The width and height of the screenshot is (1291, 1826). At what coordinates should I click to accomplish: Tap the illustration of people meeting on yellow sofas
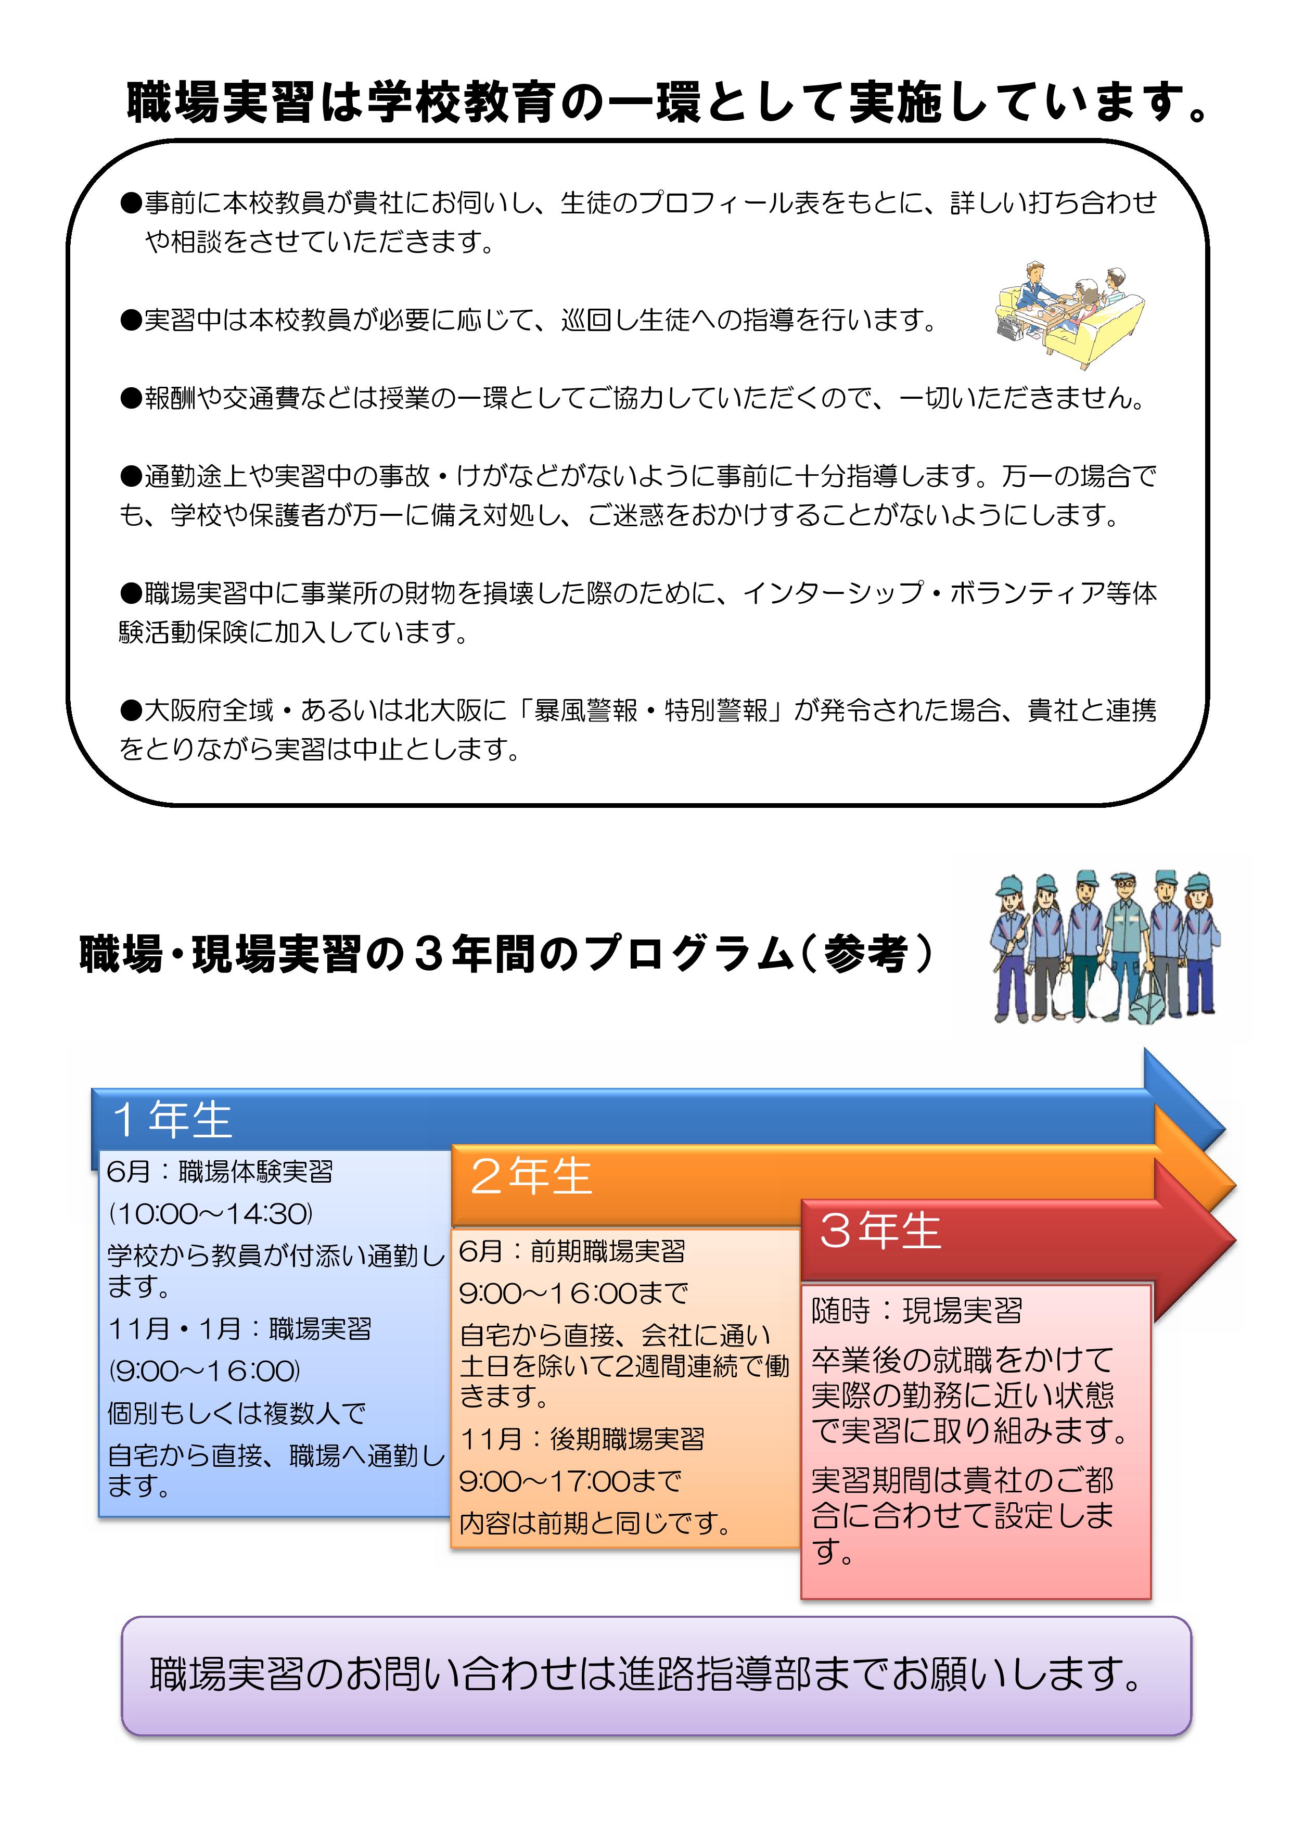(x=1070, y=315)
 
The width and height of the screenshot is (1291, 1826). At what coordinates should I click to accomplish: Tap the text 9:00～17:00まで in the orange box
(x=571, y=1481)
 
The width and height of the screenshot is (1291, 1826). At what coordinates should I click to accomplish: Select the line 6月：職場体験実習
(x=220, y=1172)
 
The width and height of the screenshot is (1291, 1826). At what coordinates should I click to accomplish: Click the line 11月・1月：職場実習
(x=240, y=1328)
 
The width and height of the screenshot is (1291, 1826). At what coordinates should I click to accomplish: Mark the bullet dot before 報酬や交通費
(x=131, y=398)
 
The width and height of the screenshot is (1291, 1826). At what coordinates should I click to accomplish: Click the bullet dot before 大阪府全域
(x=131, y=709)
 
